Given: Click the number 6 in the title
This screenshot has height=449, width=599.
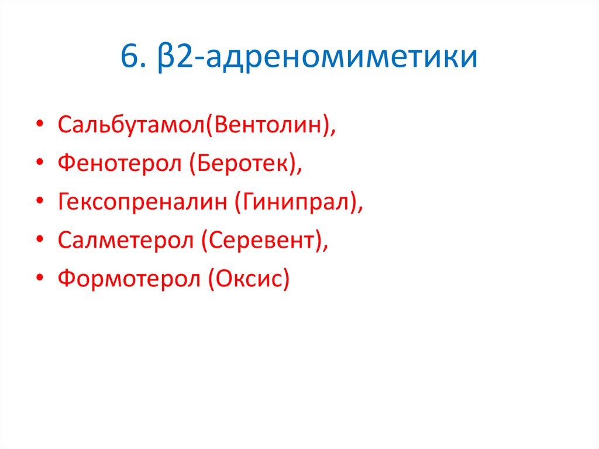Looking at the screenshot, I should pyautogui.click(x=130, y=59).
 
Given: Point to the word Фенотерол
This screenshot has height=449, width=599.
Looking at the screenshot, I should pyautogui.click(x=119, y=164).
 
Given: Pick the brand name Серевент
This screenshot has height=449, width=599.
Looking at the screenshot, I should pyautogui.click(x=261, y=240).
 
